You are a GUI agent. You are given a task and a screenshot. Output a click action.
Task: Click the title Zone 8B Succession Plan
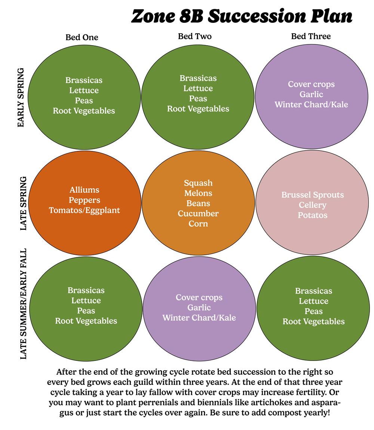[x=242, y=17]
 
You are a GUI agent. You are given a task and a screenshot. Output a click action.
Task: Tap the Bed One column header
[x=82, y=37]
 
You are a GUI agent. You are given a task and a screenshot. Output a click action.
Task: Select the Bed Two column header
[x=194, y=36]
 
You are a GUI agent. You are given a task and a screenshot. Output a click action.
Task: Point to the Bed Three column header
[x=311, y=36]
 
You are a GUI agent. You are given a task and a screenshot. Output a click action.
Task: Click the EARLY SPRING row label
[x=21, y=98]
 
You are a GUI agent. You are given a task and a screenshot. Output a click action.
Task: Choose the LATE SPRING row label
[x=23, y=204]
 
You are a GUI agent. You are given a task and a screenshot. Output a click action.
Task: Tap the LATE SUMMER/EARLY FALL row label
[x=24, y=303]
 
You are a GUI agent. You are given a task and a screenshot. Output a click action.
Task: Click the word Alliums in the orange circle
[x=85, y=190]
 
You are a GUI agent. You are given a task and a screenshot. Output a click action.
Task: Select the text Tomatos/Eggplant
[x=85, y=210]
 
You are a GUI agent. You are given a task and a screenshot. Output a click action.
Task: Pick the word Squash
[x=198, y=183]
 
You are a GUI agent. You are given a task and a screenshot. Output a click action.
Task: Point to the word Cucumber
[x=198, y=214]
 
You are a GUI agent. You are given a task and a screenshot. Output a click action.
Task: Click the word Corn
[x=198, y=224]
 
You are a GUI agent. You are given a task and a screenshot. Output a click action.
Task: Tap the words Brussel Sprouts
[x=313, y=195]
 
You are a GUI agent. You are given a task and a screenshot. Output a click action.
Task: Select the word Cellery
[x=313, y=205]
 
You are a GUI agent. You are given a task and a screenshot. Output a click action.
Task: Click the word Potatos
[x=313, y=215]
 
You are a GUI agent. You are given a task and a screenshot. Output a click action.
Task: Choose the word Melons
[x=198, y=193]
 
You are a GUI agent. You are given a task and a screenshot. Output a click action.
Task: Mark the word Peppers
[x=85, y=200]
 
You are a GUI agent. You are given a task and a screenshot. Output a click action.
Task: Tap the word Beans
[x=198, y=204]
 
